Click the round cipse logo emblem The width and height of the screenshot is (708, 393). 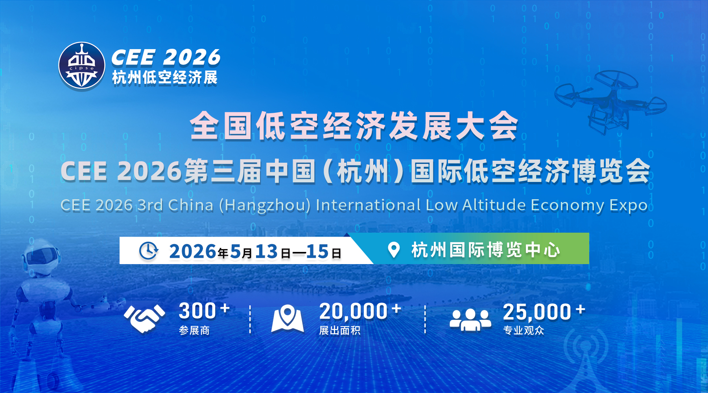[x=82, y=66]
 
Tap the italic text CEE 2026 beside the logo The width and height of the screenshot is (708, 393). [x=166, y=57]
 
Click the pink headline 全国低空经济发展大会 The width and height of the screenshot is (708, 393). [x=354, y=126]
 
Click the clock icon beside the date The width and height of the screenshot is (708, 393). [x=149, y=251]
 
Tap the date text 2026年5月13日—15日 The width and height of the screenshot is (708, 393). [x=255, y=252]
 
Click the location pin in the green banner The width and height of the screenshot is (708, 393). [x=394, y=250]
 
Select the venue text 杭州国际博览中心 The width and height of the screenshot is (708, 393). [x=485, y=250]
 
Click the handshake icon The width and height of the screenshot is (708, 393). [x=144, y=318]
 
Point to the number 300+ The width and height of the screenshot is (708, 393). [x=204, y=311]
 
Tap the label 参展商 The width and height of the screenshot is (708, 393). [x=194, y=331]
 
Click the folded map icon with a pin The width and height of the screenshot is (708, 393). [x=288, y=319]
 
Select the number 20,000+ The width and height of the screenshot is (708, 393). [x=360, y=311]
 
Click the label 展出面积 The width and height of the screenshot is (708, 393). [x=340, y=331]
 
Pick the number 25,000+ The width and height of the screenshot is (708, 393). [x=544, y=312]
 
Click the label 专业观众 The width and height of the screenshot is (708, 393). [x=524, y=331]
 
